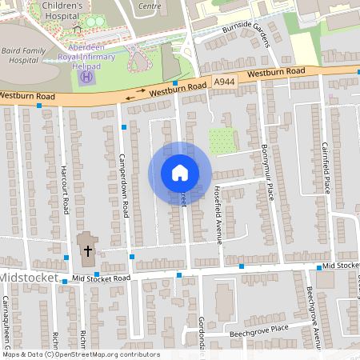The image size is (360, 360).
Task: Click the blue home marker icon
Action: (180, 173)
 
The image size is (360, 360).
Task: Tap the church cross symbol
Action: (87, 250)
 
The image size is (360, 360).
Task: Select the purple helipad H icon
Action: (89, 76)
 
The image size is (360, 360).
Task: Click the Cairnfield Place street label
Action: (326, 165)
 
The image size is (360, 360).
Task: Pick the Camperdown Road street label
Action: (126, 183)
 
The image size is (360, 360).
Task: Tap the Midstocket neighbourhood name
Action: (29, 278)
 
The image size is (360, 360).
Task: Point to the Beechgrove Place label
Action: (258, 329)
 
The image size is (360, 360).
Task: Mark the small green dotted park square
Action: (220, 141)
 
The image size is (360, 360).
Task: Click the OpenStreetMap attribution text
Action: (80, 354)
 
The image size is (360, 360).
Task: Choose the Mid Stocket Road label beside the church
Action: (100, 278)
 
